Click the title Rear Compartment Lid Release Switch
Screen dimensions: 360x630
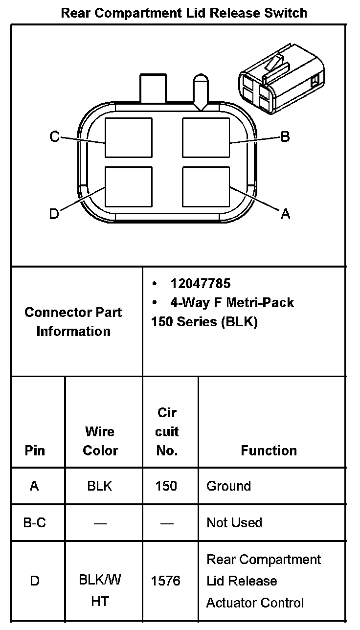(184, 13)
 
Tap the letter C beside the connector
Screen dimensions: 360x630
(55, 137)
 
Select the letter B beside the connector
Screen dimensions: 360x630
(285, 136)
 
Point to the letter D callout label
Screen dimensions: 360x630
(54, 214)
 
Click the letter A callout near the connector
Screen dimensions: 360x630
(285, 214)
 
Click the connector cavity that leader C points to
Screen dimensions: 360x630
(129, 137)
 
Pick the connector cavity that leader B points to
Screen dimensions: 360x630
(205, 137)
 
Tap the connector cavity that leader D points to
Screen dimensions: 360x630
(129, 186)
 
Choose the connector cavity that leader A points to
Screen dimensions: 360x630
(205, 186)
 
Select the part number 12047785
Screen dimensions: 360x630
(200, 284)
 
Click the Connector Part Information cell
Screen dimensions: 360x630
(73, 322)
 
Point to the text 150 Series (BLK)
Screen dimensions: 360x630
(204, 322)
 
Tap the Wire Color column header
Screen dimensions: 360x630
(100, 441)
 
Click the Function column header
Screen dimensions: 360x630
(269, 450)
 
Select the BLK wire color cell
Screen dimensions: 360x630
(100, 486)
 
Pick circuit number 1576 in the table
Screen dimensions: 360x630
(166, 581)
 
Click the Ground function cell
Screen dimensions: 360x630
(228, 486)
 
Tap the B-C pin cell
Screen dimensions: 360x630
(35, 523)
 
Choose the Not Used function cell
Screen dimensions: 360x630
(234, 523)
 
